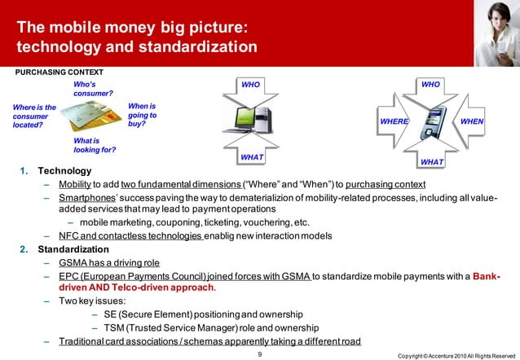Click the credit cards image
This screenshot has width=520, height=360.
90,122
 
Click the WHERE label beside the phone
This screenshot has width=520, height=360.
394,121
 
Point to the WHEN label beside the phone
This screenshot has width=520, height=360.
472,121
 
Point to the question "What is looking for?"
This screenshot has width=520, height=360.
95,145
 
